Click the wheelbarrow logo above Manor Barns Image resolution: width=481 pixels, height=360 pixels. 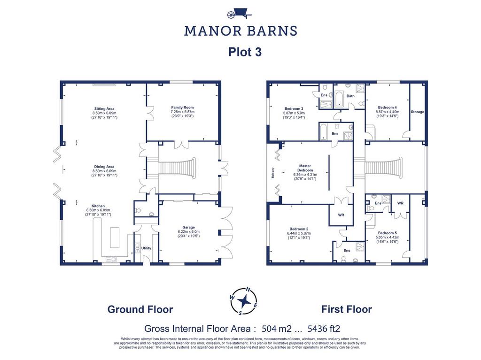[239, 14]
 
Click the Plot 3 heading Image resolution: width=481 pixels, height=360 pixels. [245, 52]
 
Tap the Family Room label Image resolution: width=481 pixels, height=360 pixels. [183, 107]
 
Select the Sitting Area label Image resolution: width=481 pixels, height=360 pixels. [104, 108]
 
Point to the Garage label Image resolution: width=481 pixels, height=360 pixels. [188, 227]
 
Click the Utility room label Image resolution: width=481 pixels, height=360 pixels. [147, 248]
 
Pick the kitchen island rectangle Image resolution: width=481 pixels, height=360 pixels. [115, 237]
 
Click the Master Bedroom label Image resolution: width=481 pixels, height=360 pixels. [305, 168]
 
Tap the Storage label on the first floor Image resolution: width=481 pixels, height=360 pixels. [418, 112]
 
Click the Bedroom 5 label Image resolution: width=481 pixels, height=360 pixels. [388, 233]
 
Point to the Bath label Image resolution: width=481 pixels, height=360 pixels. [350, 96]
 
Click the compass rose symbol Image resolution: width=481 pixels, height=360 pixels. [244, 301]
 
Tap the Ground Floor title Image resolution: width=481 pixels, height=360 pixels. [140, 309]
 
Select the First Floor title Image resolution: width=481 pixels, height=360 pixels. [347, 309]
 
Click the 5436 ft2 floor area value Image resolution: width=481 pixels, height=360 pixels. [324, 329]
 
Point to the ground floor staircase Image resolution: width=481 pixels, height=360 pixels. [177, 168]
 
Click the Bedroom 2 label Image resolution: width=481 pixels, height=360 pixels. [299, 229]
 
